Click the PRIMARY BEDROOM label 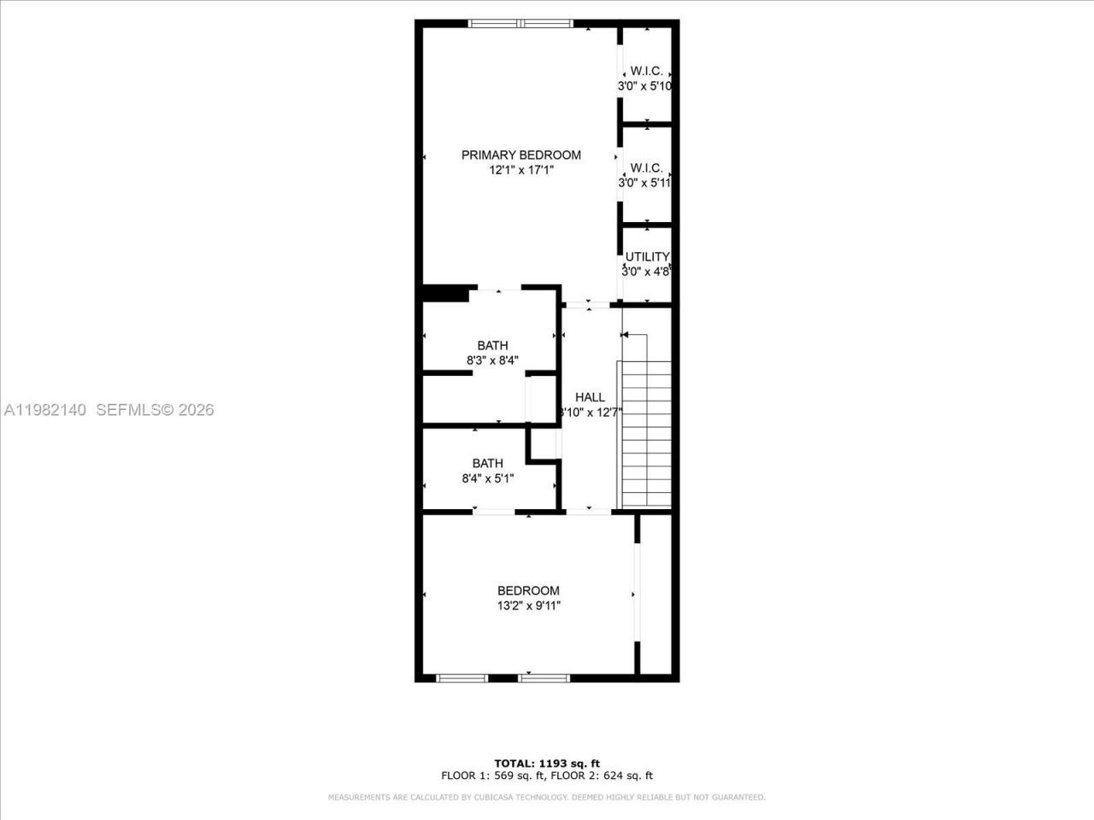click(521, 155)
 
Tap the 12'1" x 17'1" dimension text click(521, 170)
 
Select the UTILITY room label click(647, 256)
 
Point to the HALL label click(590, 397)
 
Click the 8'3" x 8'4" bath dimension click(492, 360)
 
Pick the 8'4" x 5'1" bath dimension click(487, 478)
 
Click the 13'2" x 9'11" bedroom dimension click(528, 606)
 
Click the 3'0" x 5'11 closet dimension click(645, 183)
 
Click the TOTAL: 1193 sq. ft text click(547, 763)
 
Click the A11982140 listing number click(44, 410)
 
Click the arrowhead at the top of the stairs click(625, 335)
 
